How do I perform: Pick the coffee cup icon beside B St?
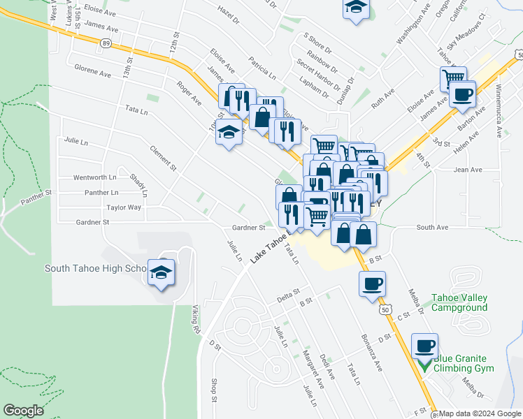[372, 283]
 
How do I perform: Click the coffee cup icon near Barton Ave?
[462, 94]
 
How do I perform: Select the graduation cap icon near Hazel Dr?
[356, 8]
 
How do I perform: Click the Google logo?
[24, 411]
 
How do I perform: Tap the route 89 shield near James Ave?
[106, 43]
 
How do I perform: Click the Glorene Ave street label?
[93, 71]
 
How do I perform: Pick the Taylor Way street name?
[124, 207]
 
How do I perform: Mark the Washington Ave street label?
[411, 30]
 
